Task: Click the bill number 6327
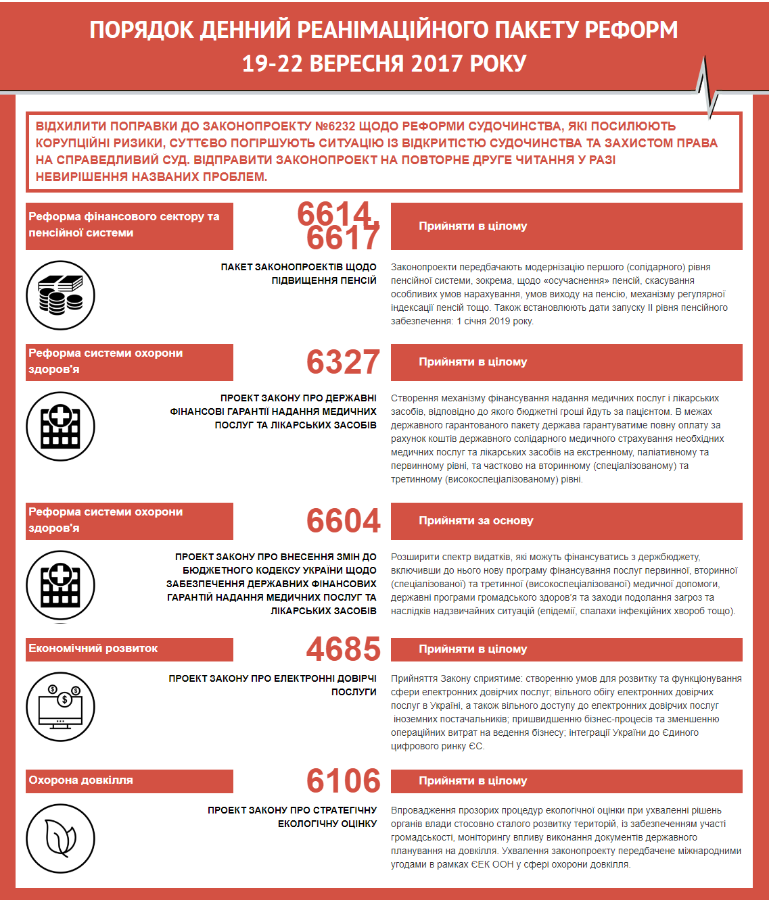coord(343,362)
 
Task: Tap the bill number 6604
coord(343,521)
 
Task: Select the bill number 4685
coord(343,649)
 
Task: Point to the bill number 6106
coord(343,781)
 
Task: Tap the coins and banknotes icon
coord(60,295)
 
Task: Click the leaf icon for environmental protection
coord(60,839)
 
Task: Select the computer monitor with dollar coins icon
coord(60,707)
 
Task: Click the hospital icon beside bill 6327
coord(60,426)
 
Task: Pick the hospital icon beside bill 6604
coord(60,585)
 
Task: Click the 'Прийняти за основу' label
coord(475,521)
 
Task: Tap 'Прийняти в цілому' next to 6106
coord(473,781)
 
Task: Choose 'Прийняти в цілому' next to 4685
coord(473,649)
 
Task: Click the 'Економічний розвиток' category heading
coord(93,649)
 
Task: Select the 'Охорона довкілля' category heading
coord(80,780)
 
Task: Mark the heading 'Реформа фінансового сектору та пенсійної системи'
coord(124,225)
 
